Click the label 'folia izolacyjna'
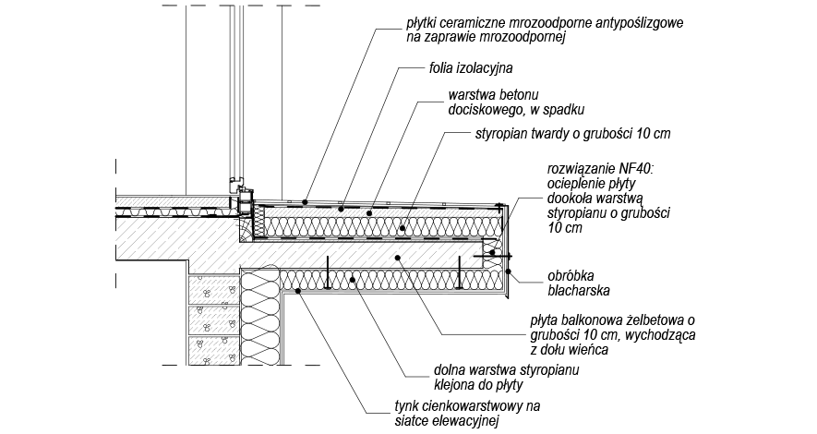tap(471, 68)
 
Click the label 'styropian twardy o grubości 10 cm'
tap(571, 134)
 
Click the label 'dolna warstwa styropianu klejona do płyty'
tap(493, 378)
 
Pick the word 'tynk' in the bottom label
tap(406, 406)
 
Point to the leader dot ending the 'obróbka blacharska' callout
tap(509, 271)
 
